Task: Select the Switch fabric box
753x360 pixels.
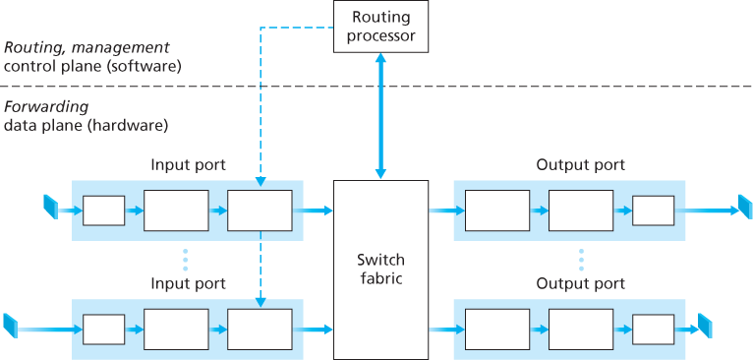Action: (380, 270)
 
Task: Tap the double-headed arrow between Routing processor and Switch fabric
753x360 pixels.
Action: (381, 116)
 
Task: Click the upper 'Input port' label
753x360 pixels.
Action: (189, 165)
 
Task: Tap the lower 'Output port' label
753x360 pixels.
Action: (580, 283)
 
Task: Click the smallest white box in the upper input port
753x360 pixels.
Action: (103, 210)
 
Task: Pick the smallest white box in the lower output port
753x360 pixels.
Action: (653, 328)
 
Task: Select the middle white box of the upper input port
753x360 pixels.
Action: (176, 210)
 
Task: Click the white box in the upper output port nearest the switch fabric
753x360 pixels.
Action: (496, 210)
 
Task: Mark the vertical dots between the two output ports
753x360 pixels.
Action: (581, 260)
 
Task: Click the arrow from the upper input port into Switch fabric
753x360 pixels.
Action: (317, 210)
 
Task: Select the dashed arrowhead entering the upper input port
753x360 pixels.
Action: (261, 181)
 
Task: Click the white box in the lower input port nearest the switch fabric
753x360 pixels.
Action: (260, 328)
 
